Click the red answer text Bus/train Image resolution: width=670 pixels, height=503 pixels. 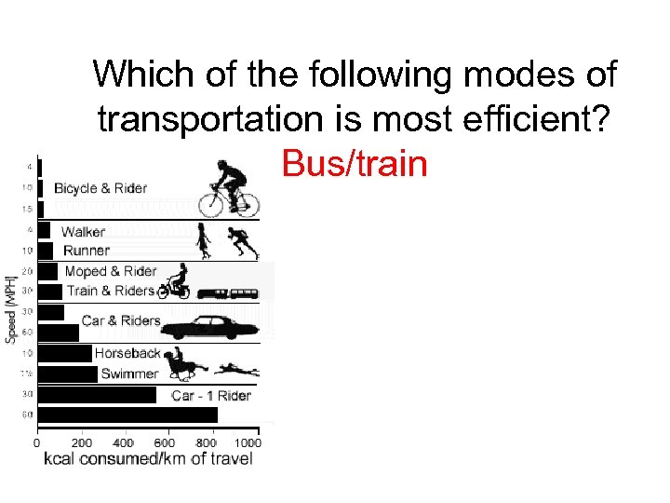coord(355,164)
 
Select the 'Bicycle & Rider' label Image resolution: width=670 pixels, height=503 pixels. coord(100,188)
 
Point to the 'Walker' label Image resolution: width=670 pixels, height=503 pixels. coord(83,231)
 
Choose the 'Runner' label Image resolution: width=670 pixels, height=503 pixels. coord(87,250)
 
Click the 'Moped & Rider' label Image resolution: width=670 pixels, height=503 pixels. coord(111,271)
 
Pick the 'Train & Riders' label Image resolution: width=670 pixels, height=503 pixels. coord(110,291)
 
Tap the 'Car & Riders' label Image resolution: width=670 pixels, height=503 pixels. coord(121,320)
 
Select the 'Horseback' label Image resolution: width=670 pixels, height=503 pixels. coord(127,353)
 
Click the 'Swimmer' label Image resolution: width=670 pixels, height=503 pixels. coord(129,374)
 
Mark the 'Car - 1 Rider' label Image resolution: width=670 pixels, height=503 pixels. coord(211,396)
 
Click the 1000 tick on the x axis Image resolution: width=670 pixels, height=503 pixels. coord(247,443)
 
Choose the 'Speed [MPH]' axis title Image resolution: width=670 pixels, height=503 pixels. coord(11,308)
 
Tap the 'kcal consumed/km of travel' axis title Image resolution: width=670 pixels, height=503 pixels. coord(149,459)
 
